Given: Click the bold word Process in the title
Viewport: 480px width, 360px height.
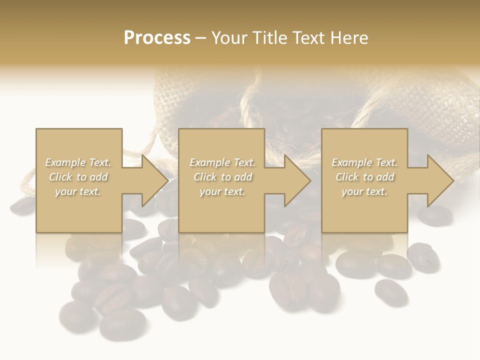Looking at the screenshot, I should click(157, 38).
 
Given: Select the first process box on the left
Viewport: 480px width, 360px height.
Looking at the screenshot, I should click(79, 180).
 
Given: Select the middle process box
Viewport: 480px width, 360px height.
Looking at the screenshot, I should click(221, 180).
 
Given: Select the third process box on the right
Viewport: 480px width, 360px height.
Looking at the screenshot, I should click(364, 180).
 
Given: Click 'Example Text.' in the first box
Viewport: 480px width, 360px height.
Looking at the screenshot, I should click(78, 162).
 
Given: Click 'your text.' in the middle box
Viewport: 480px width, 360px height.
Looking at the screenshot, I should click(222, 191).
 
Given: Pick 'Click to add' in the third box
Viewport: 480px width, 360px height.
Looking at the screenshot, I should click(364, 177).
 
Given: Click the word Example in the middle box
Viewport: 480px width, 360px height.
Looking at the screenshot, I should click(209, 162).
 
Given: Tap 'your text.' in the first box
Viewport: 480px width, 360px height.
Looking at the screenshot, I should click(78, 191).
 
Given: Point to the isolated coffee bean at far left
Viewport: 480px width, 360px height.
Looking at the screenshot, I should click(22, 206).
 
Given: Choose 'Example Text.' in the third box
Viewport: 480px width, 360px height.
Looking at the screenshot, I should click(364, 162).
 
